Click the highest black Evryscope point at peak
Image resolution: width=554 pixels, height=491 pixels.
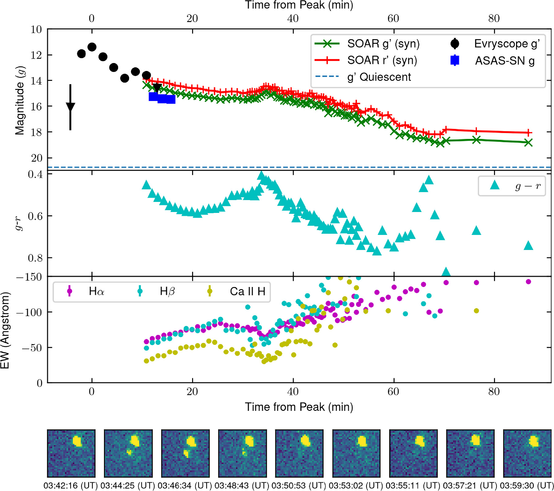click(92, 47)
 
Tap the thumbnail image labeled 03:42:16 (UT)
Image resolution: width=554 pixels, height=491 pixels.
click(71, 453)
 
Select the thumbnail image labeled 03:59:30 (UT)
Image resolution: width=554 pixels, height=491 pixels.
click(527, 453)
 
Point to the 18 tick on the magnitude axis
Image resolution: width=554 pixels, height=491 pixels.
click(36, 132)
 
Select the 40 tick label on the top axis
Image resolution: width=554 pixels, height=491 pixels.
click(293, 18)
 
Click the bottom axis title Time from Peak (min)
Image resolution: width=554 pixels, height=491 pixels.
click(299, 407)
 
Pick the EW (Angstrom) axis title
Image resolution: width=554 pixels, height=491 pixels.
click(5, 330)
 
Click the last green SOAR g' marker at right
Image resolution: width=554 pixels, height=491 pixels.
click(528, 143)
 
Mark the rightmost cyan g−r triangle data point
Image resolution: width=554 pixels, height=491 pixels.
click(528, 246)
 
